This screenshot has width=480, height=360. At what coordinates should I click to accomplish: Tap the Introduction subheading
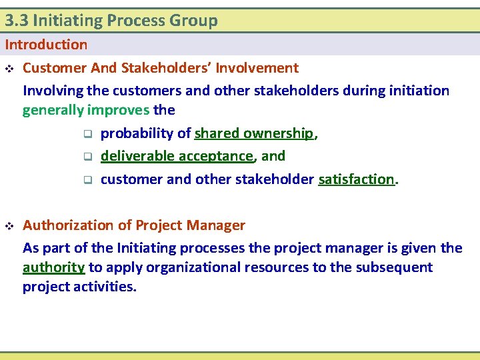click(x=46, y=45)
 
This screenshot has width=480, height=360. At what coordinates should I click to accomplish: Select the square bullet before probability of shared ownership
click(x=87, y=134)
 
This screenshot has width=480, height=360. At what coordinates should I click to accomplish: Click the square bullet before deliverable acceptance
click(x=87, y=157)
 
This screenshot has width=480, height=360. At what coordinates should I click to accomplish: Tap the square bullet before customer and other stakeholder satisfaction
click(x=87, y=180)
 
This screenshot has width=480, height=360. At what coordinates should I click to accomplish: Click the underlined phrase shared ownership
click(x=254, y=133)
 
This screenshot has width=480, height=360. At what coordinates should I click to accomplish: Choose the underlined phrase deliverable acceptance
click(x=177, y=156)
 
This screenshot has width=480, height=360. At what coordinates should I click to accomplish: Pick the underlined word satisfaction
click(x=357, y=179)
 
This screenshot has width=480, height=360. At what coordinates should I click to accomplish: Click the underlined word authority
click(x=53, y=267)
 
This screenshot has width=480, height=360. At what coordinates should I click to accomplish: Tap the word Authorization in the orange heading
click(x=68, y=225)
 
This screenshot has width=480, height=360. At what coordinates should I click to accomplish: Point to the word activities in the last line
click(x=107, y=287)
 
